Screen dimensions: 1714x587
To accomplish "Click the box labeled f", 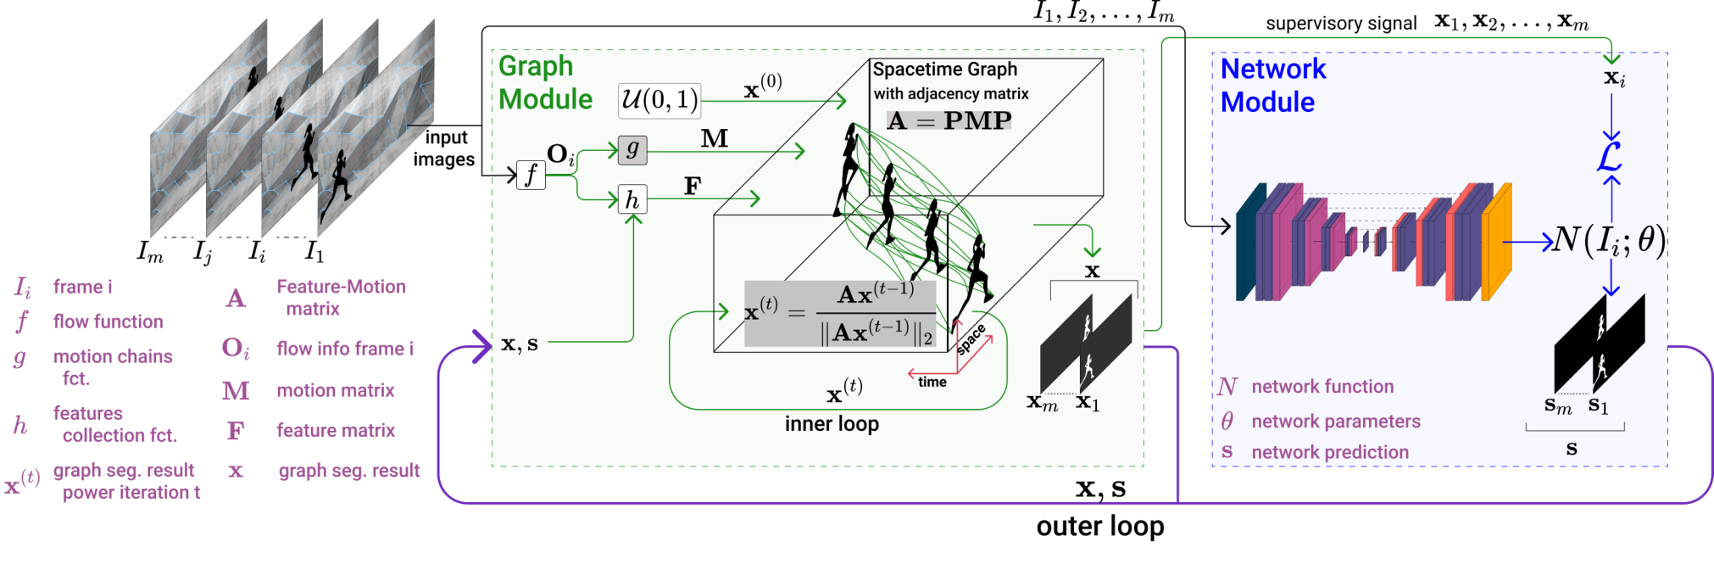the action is (x=531, y=175).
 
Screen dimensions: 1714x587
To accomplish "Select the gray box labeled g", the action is (x=632, y=149).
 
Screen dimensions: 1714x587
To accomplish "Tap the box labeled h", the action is (x=632, y=199).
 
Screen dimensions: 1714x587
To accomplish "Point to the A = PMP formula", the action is (x=949, y=121).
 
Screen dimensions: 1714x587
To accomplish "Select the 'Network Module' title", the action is (x=1273, y=85).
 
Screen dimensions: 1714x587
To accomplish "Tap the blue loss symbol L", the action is (x=1610, y=155).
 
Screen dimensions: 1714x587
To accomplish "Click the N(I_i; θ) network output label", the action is (x=1609, y=241).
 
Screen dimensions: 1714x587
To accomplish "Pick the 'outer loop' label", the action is (x=1100, y=527).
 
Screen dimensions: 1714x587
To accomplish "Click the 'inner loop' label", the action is (x=832, y=423).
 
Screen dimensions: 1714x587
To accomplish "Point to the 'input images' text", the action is (x=444, y=148).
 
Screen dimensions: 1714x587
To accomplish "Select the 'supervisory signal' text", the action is (x=1341, y=24).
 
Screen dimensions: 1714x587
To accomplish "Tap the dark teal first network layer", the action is (x=1246, y=243).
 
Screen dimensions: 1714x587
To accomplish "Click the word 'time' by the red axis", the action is (x=932, y=383).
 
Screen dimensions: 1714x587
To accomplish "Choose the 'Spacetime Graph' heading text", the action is (x=945, y=70).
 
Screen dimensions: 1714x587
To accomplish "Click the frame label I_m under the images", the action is (x=150, y=252).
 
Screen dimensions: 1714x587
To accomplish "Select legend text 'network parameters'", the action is (x=1336, y=422).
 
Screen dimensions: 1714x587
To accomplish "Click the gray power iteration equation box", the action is (x=840, y=314).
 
